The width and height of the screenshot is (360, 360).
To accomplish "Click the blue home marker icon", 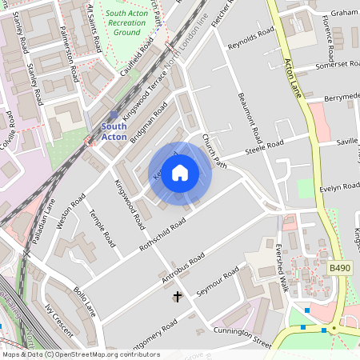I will pyautogui.click(x=180, y=173).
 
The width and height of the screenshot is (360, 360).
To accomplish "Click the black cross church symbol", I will pyautogui.click(x=177, y=297).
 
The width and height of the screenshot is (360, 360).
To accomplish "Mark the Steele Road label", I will pyautogui.click(x=265, y=148).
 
